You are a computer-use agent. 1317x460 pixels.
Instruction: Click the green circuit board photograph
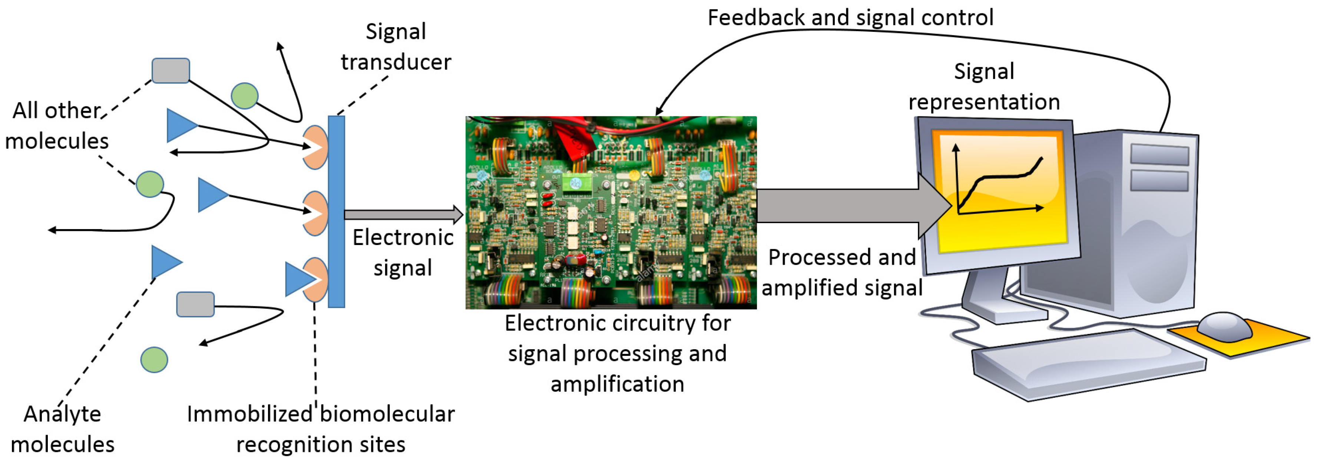tap(610, 212)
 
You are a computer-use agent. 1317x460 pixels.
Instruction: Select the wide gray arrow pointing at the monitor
tap(849, 206)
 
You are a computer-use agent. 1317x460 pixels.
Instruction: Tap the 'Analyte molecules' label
tap(62, 428)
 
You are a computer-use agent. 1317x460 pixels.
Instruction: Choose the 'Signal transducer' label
tap(396, 47)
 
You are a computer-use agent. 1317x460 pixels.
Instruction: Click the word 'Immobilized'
tap(249, 414)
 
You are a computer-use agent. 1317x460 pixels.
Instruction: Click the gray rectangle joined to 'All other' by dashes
tap(171, 70)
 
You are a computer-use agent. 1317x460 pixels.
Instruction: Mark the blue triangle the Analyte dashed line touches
tap(165, 262)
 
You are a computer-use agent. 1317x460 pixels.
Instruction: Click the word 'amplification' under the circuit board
tap(617, 384)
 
